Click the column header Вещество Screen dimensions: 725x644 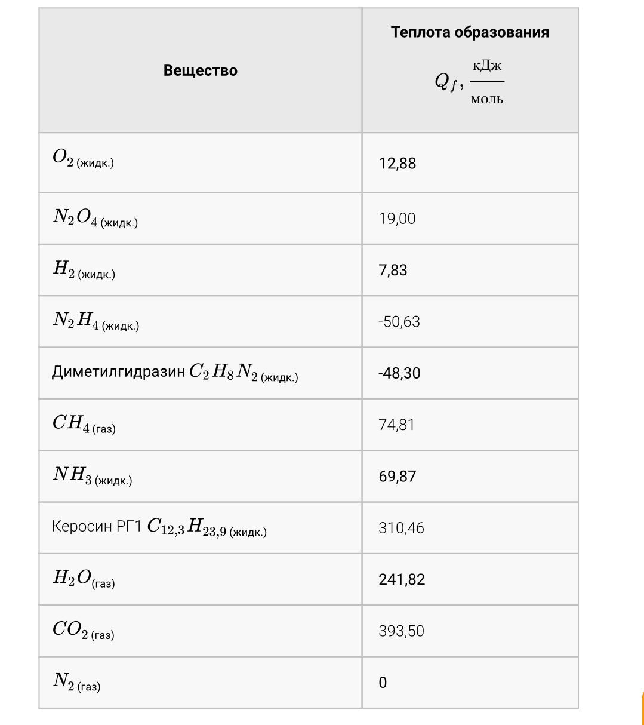[200, 70]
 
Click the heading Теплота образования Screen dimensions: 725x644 [470, 32]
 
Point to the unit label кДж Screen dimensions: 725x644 [487, 66]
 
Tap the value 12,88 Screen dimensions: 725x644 [397, 164]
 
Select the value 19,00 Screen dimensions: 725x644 [397, 219]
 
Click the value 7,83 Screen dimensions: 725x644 [393, 270]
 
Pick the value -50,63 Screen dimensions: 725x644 [399, 322]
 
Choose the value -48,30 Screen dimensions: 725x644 [399, 373]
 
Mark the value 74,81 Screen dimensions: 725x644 [397, 425]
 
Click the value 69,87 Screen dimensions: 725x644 [397, 477]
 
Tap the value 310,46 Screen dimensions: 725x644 [401, 528]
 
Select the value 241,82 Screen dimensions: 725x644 [402, 579]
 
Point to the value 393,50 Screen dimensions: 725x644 [401, 631]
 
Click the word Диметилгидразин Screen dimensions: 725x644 [118, 372]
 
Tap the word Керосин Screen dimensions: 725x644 [82, 527]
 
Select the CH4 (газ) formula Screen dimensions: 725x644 [84, 424]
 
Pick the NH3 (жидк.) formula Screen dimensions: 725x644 [92, 476]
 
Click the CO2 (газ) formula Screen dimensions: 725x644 [83, 631]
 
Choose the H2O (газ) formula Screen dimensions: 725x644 [83, 579]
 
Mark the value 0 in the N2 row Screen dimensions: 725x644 [383, 683]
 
